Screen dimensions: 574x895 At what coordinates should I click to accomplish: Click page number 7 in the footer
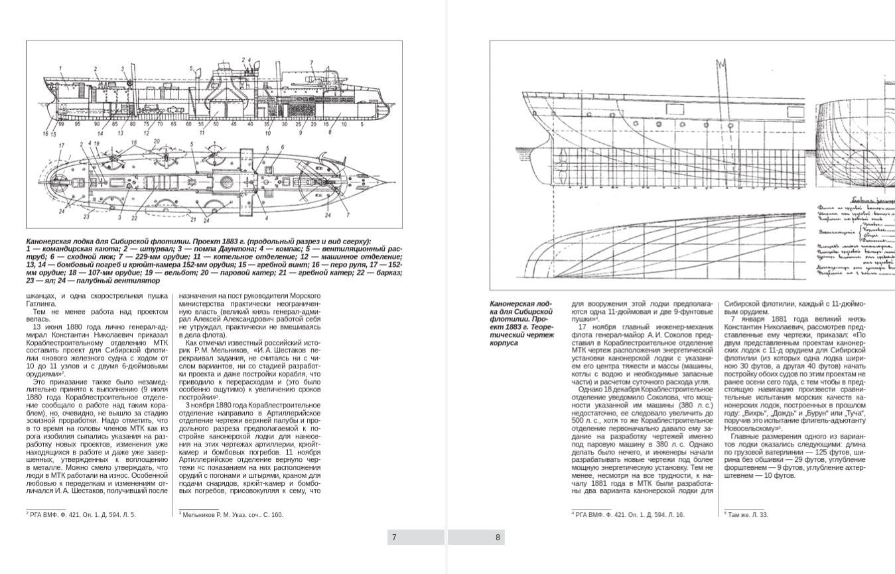tap(394, 538)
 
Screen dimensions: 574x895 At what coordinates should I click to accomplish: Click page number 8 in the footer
tap(498, 538)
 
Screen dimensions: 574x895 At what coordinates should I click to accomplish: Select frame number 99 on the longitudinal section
tap(61, 124)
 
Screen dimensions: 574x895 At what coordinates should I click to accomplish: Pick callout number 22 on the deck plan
tap(134, 218)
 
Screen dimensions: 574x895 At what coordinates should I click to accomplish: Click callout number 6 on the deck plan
tap(282, 147)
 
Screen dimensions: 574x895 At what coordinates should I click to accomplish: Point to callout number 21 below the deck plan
tap(192, 219)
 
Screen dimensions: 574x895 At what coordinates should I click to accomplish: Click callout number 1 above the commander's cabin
tap(60, 68)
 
